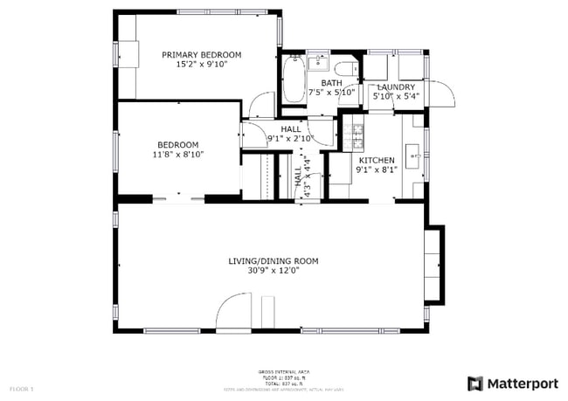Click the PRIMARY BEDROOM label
click(202, 54)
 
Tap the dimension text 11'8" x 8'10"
click(177, 155)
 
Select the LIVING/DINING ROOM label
click(273, 260)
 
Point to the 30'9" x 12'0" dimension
click(273, 270)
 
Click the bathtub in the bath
click(292, 80)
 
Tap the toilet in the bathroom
click(346, 69)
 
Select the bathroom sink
click(317, 63)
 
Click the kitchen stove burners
click(353, 135)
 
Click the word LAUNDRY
click(395, 87)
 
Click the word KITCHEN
click(377, 161)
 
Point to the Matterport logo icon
click(475, 384)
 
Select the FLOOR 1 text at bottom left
click(21, 388)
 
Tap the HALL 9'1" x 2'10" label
click(290, 133)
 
